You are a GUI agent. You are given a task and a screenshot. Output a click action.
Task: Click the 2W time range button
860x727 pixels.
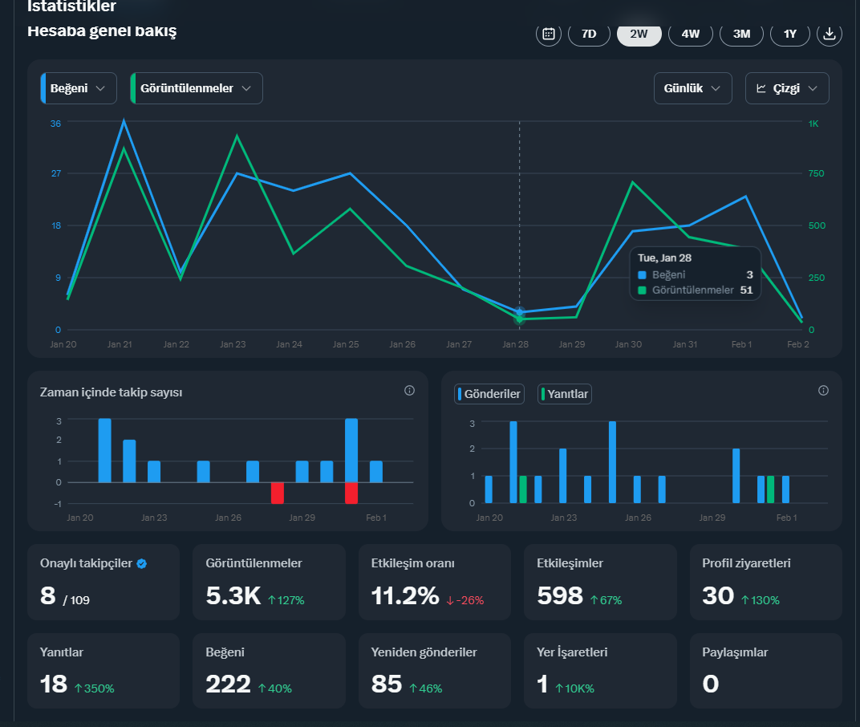(639, 34)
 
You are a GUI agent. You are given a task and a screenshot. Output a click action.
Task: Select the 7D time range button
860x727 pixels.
(589, 34)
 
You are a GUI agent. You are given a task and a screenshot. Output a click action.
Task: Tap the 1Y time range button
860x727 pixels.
(789, 34)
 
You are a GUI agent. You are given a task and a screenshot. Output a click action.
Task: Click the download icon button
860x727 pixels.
(830, 34)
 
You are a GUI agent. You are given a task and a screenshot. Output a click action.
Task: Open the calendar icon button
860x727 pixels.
(549, 34)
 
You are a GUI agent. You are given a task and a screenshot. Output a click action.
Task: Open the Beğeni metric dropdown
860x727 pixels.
(79, 88)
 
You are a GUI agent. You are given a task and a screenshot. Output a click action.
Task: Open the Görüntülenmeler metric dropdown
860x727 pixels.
(197, 88)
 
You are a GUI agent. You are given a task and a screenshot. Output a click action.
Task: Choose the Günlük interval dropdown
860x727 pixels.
(692, 88)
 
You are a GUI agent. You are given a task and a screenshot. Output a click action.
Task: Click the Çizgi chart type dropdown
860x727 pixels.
(787, 88)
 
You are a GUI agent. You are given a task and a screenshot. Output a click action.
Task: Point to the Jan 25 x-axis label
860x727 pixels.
(346, 344)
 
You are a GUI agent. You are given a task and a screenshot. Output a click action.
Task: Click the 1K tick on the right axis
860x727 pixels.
(813, 124)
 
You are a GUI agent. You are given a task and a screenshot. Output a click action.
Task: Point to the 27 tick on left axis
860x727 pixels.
(56, 173)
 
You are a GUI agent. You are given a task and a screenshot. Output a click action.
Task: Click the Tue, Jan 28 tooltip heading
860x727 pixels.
(664, 258)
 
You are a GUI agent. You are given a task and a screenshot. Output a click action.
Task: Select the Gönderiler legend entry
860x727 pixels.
(489, 394)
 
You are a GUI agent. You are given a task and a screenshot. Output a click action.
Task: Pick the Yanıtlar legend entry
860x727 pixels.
(565, 394)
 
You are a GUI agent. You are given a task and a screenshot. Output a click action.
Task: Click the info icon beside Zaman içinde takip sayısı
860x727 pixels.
(409, 391)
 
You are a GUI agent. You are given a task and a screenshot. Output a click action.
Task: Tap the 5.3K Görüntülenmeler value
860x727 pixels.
(233, 596)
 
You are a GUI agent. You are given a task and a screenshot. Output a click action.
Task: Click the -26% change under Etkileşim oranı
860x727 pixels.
(465, 600)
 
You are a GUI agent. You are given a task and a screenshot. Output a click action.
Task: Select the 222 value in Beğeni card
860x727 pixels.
(228, 684)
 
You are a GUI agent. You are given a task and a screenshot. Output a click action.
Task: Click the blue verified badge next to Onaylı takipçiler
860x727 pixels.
(141, 563)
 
